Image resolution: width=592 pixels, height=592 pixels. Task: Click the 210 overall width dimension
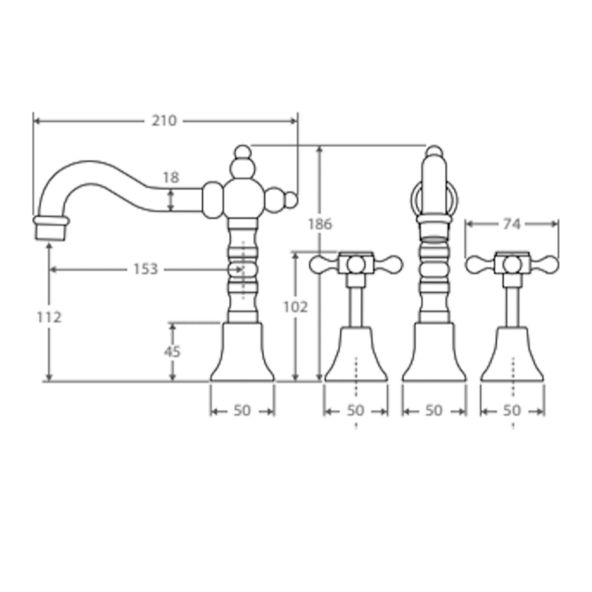[x=164, y=121]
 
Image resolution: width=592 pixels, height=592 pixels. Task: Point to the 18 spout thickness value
[x=171, y=178]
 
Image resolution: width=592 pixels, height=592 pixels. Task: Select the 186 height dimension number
[x=320, y=223]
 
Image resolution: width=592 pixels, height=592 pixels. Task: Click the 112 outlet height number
[x=49, y=317]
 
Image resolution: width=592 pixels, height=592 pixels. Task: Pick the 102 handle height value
[x=294, y=307]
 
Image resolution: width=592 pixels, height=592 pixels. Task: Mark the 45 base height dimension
[x=172, y=351]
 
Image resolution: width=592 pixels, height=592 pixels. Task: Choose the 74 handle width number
[x=511, y=223]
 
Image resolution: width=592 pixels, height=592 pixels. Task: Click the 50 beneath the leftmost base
[x=242, y=410]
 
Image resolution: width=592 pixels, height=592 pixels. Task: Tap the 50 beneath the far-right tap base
[x=511, y=410]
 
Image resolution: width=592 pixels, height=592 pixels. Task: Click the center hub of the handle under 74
[x=511, y=264]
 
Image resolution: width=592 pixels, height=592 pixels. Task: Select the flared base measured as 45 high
[x=242, y=354]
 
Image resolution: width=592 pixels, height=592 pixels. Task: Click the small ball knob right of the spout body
[x=290, y=199]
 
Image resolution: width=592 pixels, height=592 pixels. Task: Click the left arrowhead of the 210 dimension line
[x=37, y=121]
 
